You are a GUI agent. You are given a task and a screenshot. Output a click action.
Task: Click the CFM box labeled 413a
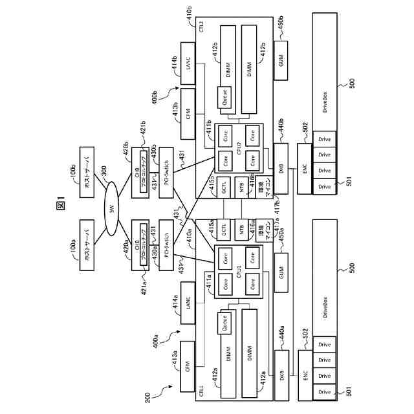tap(188, 366)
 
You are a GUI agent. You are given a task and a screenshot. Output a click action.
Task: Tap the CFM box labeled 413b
tap(188, 114)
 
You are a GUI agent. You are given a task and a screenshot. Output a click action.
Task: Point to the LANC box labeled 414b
tap(188, 64)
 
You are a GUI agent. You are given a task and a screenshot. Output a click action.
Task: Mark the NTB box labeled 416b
tap(241, 188)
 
